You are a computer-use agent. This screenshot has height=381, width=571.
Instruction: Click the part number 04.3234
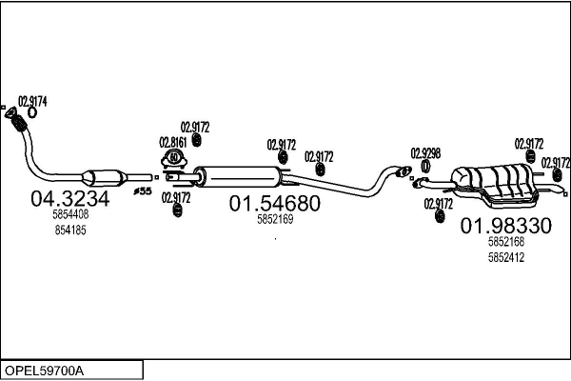pyautogui.click(x=69, y=199)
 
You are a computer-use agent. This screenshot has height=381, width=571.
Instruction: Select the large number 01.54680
pyautogui.click(x=275, y=203)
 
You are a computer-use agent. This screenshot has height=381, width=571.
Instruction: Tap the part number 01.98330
pyautogui.click(x=506, y=226)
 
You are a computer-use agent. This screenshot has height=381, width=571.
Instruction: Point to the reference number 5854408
pyautogui.click(x=70, y=214)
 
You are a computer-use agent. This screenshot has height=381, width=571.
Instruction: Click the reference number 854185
pyautogui.click(x=70, y=231)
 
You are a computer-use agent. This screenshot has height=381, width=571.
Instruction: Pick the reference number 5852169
pyautogui.click(x=275, y=219)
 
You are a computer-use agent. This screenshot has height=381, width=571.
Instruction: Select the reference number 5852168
pyautogui.click(x=506, y=241)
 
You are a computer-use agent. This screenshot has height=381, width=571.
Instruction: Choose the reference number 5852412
pyautogui.click(x=506, y=257)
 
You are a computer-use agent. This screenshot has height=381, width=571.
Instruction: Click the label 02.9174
pyautogui.click(x=32, y=101)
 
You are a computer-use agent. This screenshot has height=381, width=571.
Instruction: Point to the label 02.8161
pyautogui.click(x=173, y=142)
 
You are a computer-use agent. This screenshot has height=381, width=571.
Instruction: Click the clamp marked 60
pyautogui.click(x=174, y=158)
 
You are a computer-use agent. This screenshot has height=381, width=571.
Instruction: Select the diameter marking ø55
pyautogui.click(x=143, y=191)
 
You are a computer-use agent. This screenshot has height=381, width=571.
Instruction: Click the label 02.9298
pyautogui.click(x=425, y=153)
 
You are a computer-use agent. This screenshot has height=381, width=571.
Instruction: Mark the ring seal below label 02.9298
pyautogui.click(x=425, y=167)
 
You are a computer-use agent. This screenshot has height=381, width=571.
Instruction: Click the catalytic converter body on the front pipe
pyautogui.click(x=105, y=178)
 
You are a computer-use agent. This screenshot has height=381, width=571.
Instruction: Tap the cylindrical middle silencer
pyautogui.click(x=238, y=177)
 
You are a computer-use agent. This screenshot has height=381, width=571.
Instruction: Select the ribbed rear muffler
pyautogui.click(x=495, y=185)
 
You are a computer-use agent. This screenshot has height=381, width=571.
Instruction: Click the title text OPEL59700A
pyautogui.click(x=44, y=371)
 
